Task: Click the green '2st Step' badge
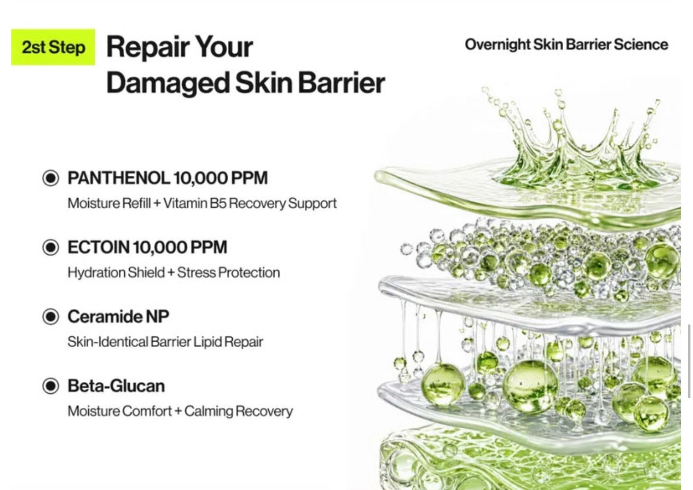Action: coord(53,47)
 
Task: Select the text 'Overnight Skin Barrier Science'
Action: coord(566,45)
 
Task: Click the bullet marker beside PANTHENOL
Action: coord(50,178)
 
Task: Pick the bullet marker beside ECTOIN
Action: coord(50,247)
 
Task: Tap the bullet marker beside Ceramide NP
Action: coord(50,316)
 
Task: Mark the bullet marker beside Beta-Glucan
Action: coord(50,386)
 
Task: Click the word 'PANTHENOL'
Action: coord(118,178)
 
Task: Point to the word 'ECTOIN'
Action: coord(98,248)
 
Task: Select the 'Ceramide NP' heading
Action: coord(118,316)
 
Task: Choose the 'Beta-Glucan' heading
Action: coord(116,386)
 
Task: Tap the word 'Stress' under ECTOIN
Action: coord(196,273)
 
